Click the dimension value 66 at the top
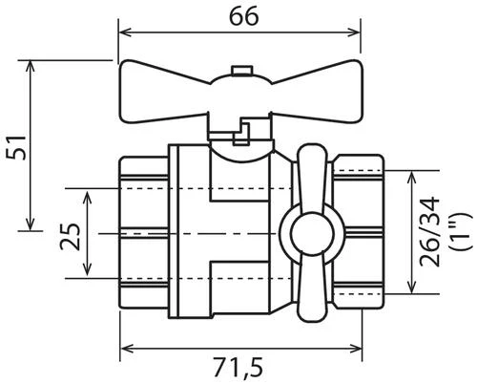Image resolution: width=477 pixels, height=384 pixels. pos(244,16)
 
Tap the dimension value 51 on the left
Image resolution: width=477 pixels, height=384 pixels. pos(17,147)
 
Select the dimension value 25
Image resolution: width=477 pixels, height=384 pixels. pos(70,237)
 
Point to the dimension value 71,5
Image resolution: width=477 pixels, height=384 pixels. pos(238,368)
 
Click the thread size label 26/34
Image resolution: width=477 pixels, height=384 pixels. pos(429,231)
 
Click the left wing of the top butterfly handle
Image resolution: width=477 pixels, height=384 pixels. pos(164,92)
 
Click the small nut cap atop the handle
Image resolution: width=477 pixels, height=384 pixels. pos(242,70)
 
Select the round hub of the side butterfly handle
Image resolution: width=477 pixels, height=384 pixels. pos(312,233)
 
